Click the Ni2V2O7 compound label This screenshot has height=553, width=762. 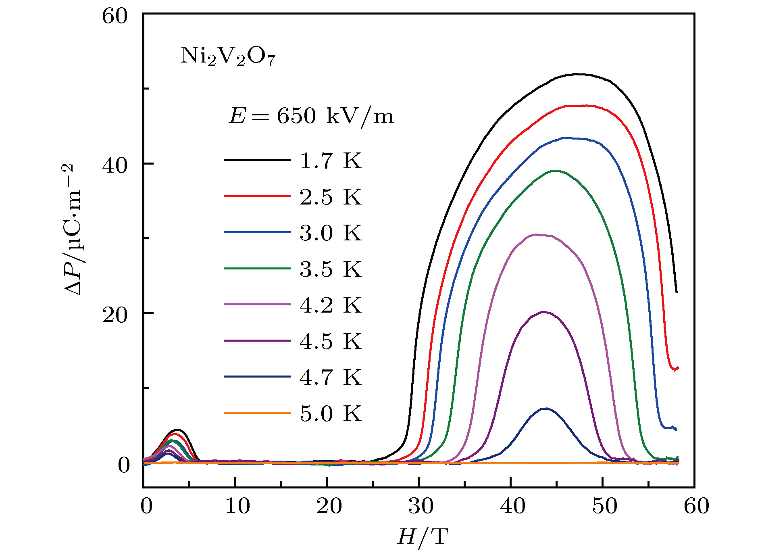pyautogui.click(x=228, y=56)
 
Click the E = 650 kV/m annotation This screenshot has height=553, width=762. pyautogui.click(x=311, y=116)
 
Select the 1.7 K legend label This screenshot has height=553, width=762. pyautogui.click(x=331, y=161)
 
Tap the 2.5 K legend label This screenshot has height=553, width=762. pyautogui.click(x=331, y=197)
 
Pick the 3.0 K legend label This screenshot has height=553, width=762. pyautogui.click(x=331, y=233)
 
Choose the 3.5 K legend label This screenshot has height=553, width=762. pyautogui.click(x=331, y=269)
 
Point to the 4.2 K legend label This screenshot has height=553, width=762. pyautogui.click(x=331, y=305)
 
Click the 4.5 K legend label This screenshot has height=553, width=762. pyautogui.click(x=331, y=341)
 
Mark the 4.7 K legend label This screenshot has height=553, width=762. pyautogui.click(x=331, y=377)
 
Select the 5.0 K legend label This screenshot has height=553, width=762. pyautogui.click(x=331, y=413)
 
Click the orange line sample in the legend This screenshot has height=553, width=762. pyautogui.click(x=257, y=413)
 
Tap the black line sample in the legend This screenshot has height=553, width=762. pyautogui.click(x=257, y=160)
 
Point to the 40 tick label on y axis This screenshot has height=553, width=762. pyautogui.click(x=115, y=165)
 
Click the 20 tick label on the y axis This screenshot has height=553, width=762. pyautogui.click(x=115, y=315)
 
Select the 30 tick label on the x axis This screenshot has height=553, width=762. pyautogui.click(x=421, y=506)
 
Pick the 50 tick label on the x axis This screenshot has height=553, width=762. pyautogui.click(x=604, y=506)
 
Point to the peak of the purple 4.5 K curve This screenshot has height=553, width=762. pyautogui.click(x=543, y=312)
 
